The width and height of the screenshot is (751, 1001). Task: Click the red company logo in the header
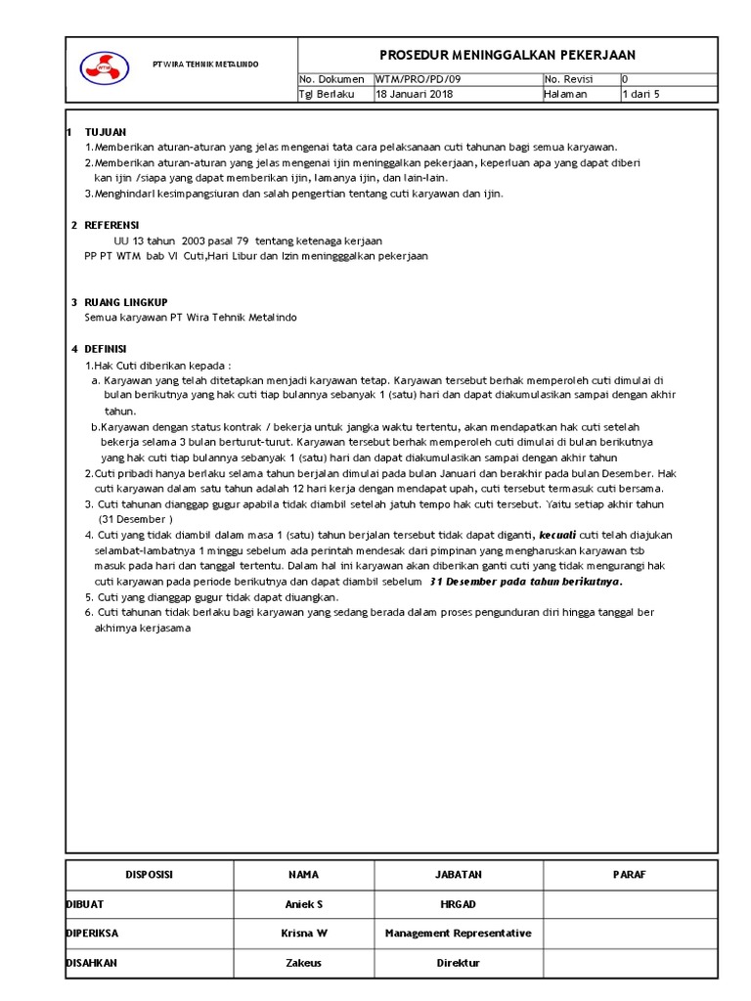coord(104,65)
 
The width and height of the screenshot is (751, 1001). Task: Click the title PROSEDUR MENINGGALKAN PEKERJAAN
coord(507,55)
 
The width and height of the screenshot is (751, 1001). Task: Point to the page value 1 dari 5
coord(641,94)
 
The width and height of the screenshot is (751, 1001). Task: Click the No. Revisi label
coord(568,79)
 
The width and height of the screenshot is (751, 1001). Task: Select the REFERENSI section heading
coord(112,225)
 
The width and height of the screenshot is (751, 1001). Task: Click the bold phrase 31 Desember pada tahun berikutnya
coord(526,581)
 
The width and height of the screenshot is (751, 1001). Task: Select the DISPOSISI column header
coord(150,875)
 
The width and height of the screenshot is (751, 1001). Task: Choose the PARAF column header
coord(630,875)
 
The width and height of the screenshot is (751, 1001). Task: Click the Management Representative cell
coord(458,934)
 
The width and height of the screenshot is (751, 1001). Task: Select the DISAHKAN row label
coord(91,963)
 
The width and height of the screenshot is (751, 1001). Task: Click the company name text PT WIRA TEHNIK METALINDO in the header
coord(206,64)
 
